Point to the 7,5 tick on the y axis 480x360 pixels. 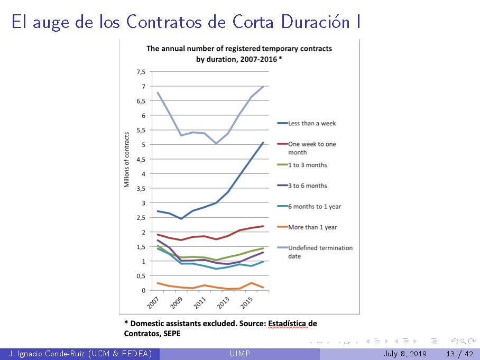141,72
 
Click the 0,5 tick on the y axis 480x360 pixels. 141,276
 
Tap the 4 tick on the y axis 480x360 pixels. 143,174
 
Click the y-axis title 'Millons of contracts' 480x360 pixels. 127,160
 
